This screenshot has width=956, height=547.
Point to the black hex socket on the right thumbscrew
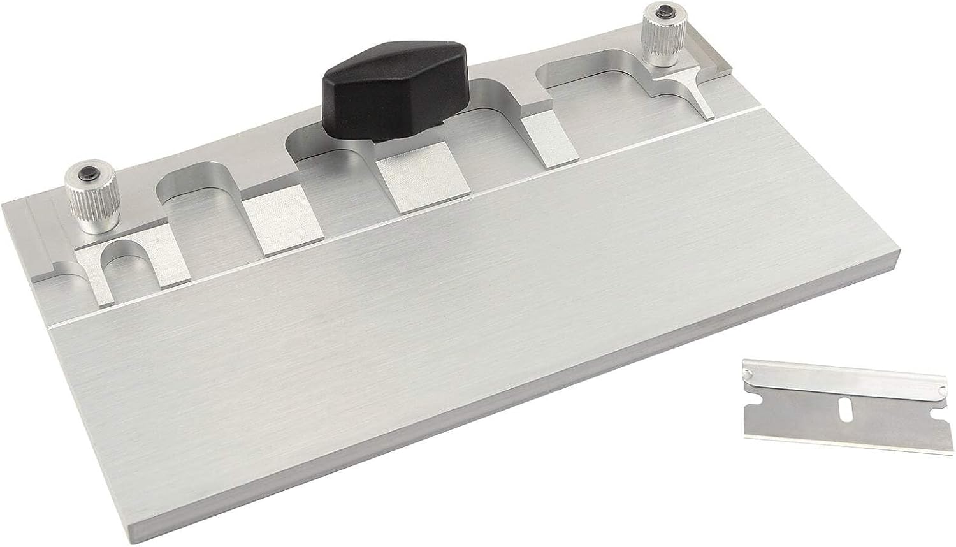coord(662,11)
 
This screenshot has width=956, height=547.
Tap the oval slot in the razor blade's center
coord(846,412)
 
